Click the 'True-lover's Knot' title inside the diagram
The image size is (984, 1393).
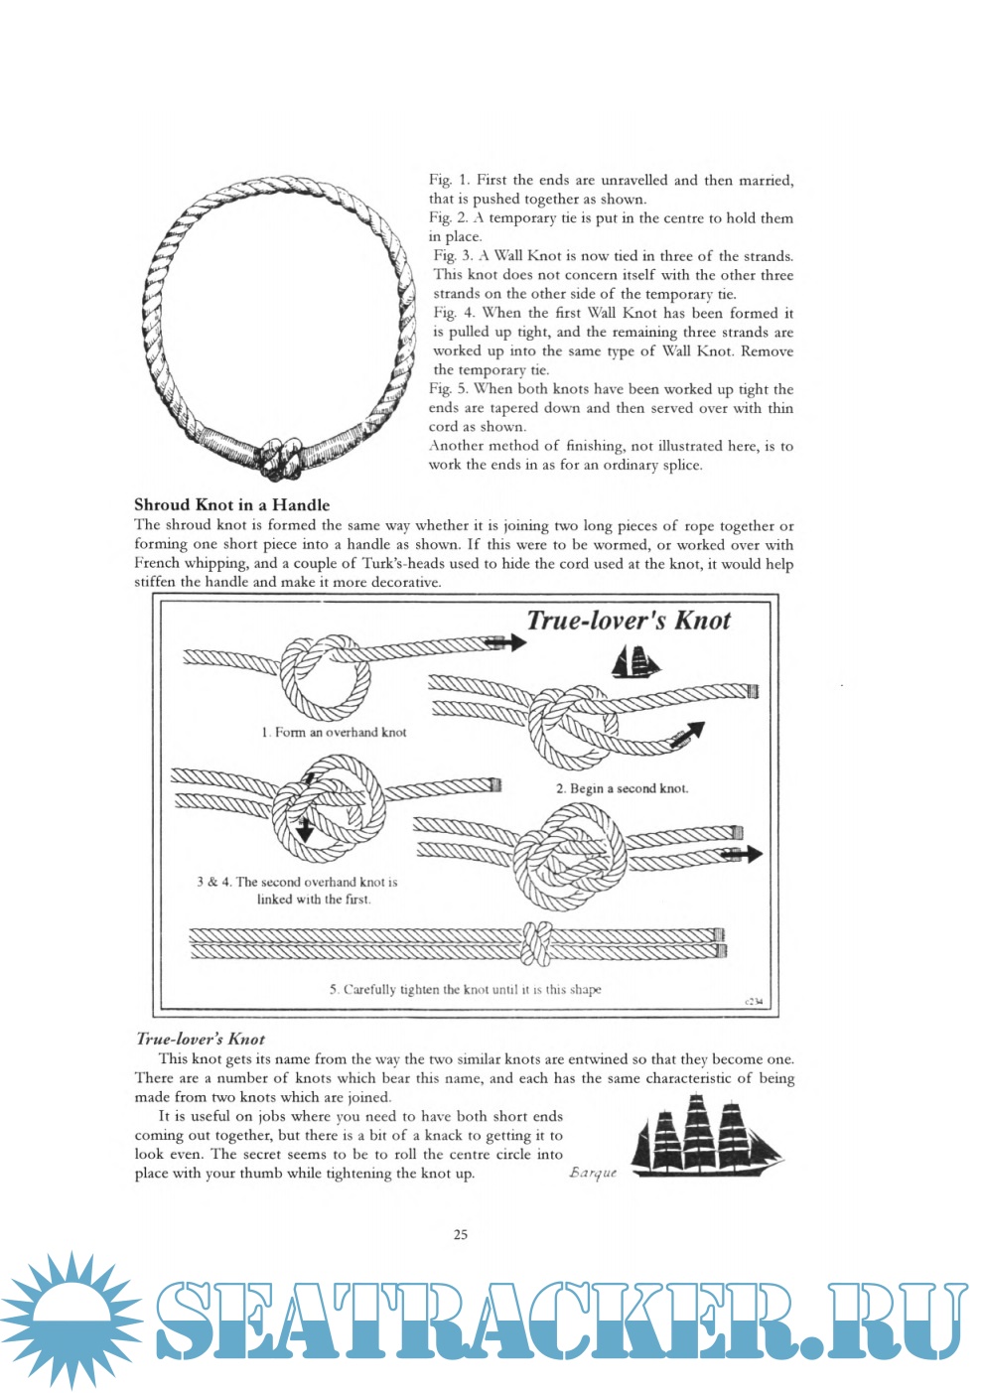point(628,621)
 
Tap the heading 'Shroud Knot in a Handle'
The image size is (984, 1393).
point(231,504)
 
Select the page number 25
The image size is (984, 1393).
point(461,1234)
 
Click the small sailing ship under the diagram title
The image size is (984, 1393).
point(635,661)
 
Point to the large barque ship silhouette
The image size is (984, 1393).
point(706,1137)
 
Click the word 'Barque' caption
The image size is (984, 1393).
point(593,1173)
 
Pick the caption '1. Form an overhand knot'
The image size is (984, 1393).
point(334,733)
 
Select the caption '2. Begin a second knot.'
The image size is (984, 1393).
point(622,788)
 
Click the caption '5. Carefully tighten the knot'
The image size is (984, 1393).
point(465,989)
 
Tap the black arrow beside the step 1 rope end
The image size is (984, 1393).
point(506,642)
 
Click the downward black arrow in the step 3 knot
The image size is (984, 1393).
point(305,827)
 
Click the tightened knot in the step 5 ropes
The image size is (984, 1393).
point(537,942)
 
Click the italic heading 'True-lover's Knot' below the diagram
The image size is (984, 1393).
point(200,1039)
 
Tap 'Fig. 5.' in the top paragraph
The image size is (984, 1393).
point(448,389)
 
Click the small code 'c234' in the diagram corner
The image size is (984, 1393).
point(755,1002)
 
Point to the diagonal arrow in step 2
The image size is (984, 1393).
point(688,733)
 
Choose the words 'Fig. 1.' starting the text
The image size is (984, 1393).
point(449,180)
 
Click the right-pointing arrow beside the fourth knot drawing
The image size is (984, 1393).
point(744,854)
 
